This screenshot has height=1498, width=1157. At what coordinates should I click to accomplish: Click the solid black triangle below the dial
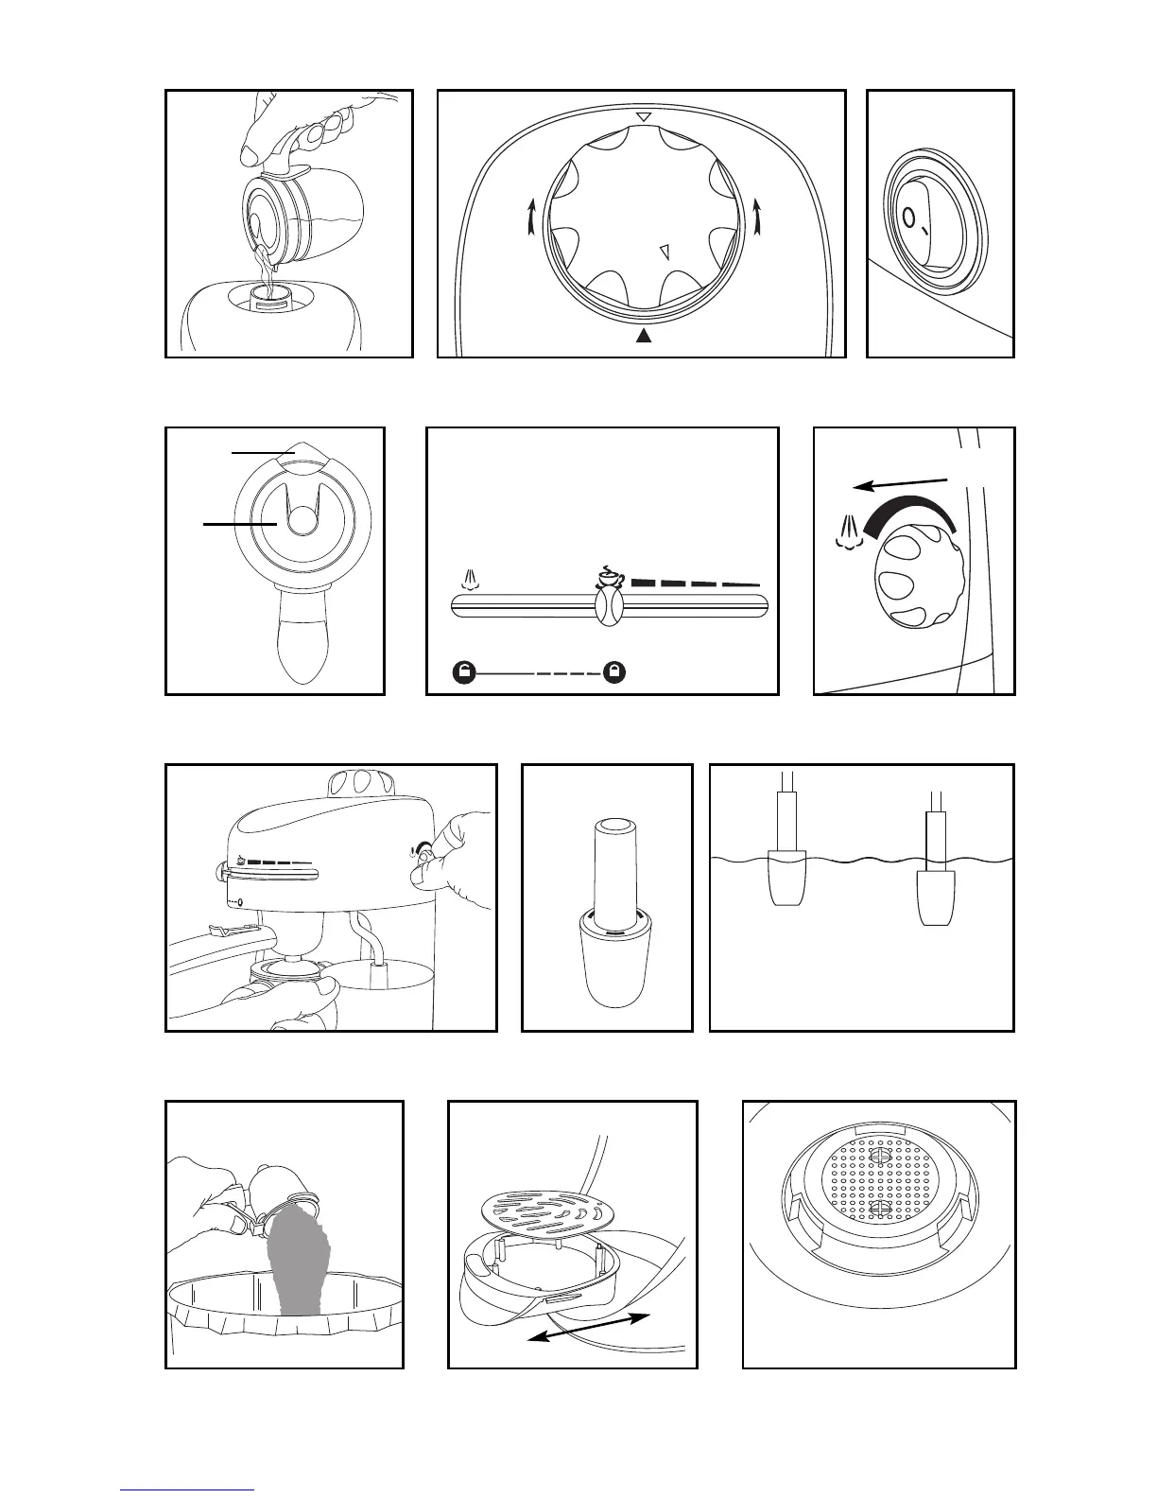pos(644,336)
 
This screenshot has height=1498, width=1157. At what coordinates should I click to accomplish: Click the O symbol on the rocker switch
pos(909,219)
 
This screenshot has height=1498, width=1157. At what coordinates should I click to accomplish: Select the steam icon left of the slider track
pos(471,578)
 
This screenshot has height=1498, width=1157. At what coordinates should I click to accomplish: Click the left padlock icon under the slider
pos(463,672)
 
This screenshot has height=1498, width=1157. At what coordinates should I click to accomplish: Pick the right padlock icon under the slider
pos(615,672)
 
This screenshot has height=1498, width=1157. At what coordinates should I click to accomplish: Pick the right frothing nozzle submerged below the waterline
pos(942,898)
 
